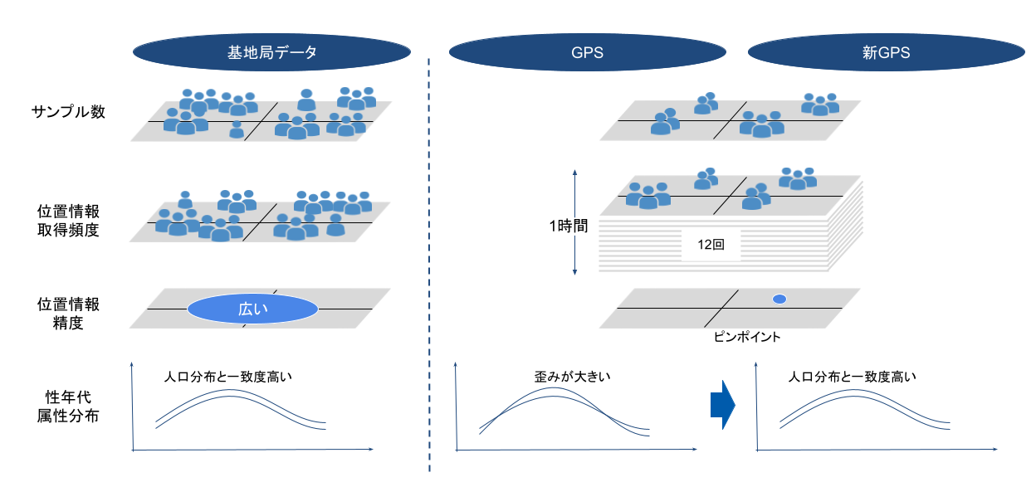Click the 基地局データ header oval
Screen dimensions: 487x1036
click(271, 52)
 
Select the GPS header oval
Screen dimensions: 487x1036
click(587, 52)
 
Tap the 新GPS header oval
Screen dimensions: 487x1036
click(886, 52)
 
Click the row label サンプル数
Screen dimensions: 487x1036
click(68, 112)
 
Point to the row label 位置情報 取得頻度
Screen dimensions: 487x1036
click(68, 220)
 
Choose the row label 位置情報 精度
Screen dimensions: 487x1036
click(68, 313)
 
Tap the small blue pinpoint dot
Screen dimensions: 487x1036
click(779, 299)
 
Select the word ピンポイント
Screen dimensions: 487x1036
click(747, 338)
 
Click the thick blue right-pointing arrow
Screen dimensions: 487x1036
click(723, 404)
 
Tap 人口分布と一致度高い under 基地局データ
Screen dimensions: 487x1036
click(229, 377)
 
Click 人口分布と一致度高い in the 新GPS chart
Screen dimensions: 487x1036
click(852, 377)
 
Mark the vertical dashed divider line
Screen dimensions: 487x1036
click(429, 265)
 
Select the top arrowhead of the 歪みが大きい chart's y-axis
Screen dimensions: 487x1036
click(458, 366)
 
